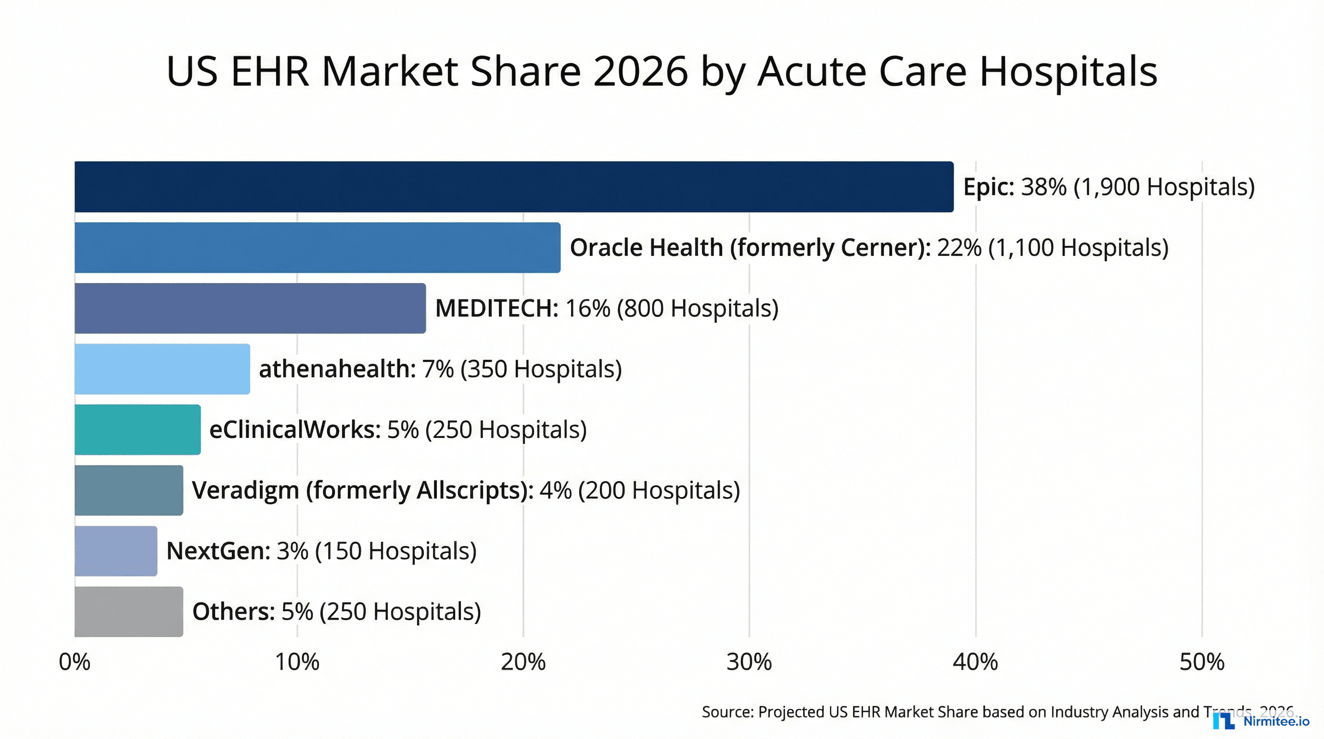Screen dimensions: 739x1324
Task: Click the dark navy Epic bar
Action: [514, 187]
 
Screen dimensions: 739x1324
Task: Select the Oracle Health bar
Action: [317, 247]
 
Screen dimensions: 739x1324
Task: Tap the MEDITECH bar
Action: [250, 308]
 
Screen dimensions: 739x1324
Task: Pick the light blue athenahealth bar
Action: [162, 369]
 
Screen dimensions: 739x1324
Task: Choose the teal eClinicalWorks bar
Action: [137, 429]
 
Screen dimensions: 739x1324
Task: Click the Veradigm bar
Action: [128, 490]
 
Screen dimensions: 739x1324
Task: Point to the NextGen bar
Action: [115, 550]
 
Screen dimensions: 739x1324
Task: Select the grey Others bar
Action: [128, 611]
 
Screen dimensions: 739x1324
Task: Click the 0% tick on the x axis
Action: [75, 662]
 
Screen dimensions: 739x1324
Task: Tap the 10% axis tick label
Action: [297, 662]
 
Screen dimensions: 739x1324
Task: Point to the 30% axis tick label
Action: [749, 662]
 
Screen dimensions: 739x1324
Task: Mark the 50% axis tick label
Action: [1202, 662]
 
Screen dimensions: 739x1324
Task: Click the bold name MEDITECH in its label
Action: [496, 308]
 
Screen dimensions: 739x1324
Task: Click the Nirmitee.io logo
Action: [1261, 721]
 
